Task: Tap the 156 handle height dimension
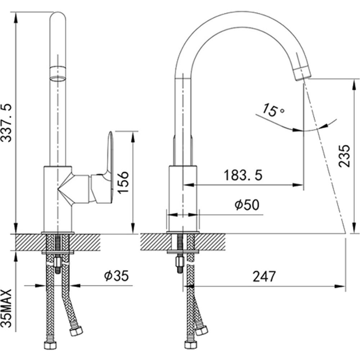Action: click(x=123, y=182)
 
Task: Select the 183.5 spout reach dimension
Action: click(x=243, y=175)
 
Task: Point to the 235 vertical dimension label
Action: click(x=344, y=156)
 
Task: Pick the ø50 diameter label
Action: click(x=247, y=205)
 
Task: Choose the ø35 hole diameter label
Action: click(x=116, y=276)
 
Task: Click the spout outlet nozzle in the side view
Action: click(x=302, y=72)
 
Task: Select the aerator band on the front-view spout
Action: click(x=58, y=73)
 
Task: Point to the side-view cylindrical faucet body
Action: click(x=184, y=198)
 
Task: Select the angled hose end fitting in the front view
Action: click(x=76, y=330)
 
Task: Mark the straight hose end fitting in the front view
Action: click(x=50, y=345)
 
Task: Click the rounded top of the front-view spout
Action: click(x=58, y=18)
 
